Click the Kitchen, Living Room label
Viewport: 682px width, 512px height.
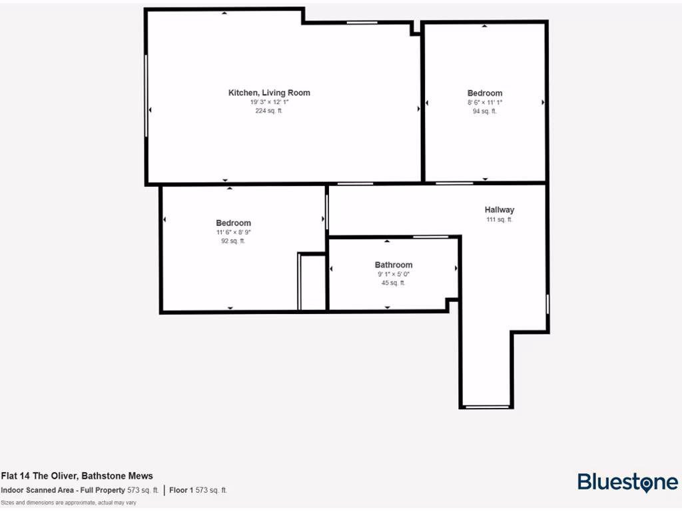[x=269, y=93]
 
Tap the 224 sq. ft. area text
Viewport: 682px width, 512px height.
[x=269, y=111]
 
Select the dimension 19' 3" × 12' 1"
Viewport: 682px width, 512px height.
[x=269, y=102]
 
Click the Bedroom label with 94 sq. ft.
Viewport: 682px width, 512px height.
[x=485, y=93]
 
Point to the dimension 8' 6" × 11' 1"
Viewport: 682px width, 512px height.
[x=485, y=103]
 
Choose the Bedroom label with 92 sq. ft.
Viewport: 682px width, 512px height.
[x=233, y=223]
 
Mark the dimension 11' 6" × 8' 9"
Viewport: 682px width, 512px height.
[x=233, y=232]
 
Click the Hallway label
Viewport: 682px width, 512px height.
[x=500, y=209]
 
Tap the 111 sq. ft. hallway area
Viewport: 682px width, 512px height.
[x=500, y=219]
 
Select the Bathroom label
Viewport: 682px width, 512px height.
[x=394, y=265]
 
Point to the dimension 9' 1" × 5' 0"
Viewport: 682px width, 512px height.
[x=394, y=274]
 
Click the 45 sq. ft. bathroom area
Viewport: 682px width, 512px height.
[x=394, y=283]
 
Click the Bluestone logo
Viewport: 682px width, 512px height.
[x=627, y=482]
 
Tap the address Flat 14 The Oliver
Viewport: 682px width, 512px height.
[x=77, y=476]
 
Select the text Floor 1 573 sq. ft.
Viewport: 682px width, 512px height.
[x=198, y=490]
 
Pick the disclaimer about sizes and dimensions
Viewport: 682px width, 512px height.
[x=69, y=502]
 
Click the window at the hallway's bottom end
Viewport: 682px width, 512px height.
[x=487, y=406]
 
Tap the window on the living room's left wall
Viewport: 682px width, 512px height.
[x=147, y=95]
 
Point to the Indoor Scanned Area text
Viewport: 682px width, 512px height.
[x=79, y=490]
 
